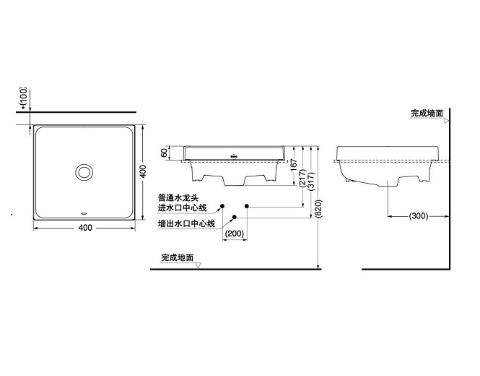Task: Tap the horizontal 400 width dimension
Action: (85, 228)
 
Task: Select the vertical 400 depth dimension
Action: (143, 172)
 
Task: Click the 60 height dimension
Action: (165, 153)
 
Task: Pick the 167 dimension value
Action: (294, 165)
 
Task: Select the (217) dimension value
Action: (302, 179)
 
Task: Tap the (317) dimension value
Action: (311, 181)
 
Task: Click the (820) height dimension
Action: (318, 209)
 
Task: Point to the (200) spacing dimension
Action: (235, 234)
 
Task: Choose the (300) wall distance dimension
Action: (419, 216)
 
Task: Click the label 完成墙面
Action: (427, 114)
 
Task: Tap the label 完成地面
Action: (178, 257)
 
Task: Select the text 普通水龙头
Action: (178, 198)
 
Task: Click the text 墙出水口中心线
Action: (186, 223)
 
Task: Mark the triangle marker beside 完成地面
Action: (198, 265)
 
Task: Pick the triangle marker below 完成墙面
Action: (446, 121)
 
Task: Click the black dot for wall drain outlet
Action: (234, 217)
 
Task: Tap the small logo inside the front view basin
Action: (234, 155)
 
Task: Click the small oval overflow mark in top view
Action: (84, 212)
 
